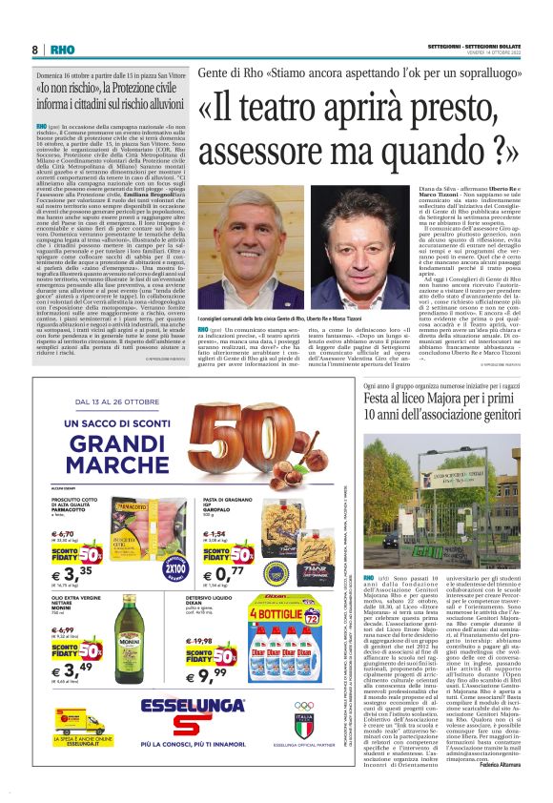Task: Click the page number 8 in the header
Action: [35, 50]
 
